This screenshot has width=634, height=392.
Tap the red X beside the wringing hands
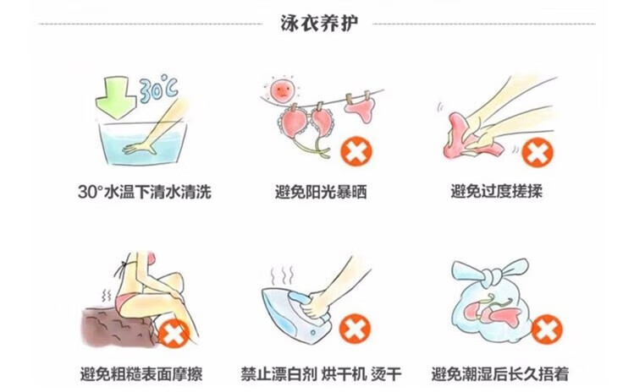click(537, 152)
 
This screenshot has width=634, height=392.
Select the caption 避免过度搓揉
click(496, 192)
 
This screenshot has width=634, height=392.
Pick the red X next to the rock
click(174, 334)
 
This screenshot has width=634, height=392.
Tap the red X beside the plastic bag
click(547, 329)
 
